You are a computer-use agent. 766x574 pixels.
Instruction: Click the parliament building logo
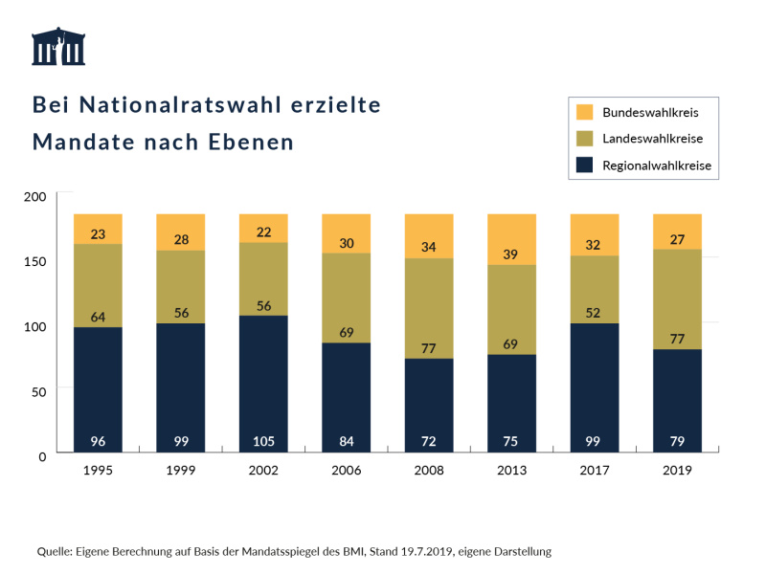[58, 47]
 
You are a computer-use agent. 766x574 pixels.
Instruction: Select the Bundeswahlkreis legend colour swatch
[586, 112]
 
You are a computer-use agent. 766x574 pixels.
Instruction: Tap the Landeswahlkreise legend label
[652, 139]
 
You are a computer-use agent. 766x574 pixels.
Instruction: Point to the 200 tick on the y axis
[34, 196]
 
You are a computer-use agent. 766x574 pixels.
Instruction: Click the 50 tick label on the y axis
[38, 391]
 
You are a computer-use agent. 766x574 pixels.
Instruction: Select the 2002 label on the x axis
[263, 471]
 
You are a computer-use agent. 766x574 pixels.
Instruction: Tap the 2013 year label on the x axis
[511, 471]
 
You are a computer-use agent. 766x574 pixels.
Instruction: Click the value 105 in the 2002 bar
[263, 441]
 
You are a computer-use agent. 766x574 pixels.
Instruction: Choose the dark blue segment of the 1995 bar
[98, 383]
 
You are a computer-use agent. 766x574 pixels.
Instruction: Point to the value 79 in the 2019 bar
[677, 441]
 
